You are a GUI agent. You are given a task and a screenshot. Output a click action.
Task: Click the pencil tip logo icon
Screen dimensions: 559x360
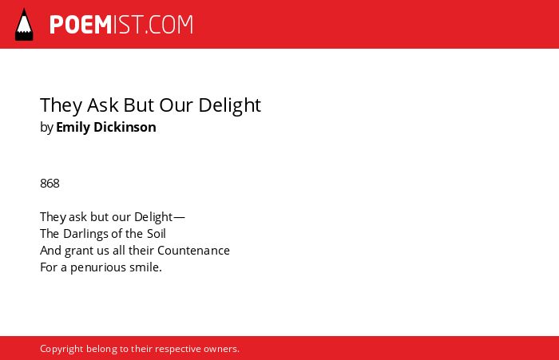point(24,25)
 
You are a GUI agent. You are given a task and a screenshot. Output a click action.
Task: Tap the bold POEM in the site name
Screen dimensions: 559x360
point(81,25)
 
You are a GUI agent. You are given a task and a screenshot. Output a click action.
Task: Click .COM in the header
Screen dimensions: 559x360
point(169,25)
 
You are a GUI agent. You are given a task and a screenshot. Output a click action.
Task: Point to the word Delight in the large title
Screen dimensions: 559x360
point(230,105)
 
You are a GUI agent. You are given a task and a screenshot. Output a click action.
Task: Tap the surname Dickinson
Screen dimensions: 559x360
point(125,127)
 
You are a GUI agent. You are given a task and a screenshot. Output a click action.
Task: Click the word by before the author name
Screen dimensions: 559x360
point(46,128)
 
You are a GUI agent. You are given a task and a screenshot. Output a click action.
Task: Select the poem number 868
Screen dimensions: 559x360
point(50,184)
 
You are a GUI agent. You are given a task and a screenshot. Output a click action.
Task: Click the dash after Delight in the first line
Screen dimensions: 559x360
point(179,217)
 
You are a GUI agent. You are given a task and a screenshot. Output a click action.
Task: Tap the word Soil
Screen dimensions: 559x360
point(157,234)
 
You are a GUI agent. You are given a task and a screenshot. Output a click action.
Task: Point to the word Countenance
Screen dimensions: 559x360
point(193,251)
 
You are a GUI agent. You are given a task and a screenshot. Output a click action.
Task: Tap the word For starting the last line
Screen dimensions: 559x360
point(49,267)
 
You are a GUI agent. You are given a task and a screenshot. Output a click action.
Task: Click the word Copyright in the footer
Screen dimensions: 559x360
point(61,349)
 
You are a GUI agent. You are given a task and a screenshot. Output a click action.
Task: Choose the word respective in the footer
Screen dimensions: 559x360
point(177,349)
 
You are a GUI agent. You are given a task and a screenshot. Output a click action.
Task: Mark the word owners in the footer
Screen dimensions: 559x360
point(221,349)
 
